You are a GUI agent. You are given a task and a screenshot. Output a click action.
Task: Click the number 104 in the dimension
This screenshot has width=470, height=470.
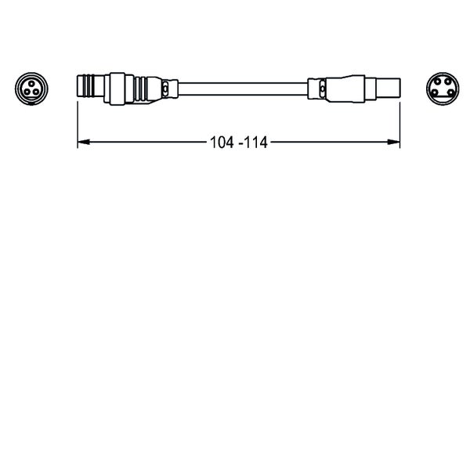[x=222, y=143]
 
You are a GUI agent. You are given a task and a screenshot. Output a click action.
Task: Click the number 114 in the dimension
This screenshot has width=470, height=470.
[x=256, y=143]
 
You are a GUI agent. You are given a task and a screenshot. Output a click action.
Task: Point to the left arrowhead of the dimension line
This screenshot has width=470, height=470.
[x=84, y=142]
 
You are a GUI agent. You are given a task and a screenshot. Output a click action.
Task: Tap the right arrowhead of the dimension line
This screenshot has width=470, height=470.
[x=394, y=142]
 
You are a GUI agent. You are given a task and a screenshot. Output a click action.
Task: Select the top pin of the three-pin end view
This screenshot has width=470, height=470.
[x=31, y=83]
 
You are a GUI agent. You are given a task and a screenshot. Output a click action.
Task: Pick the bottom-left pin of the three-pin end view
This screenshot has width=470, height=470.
[x=27, y=92]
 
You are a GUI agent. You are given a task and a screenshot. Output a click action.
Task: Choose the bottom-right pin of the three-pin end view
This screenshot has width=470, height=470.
[x=36, y=92]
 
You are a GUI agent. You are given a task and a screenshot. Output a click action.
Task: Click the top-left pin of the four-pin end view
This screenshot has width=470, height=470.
[x=438, y=81]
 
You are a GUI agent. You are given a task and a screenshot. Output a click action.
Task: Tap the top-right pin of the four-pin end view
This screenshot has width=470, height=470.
[x=447, y=81]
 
